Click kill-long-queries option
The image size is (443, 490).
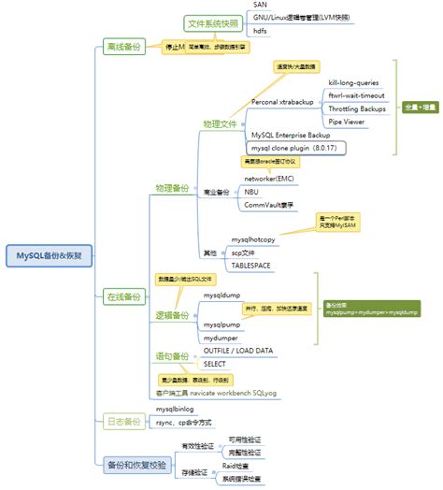pos(352,82)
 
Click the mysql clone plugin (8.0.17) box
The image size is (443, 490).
pos(293,148)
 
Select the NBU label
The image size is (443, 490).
pos(251,192)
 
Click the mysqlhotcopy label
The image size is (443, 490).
pos(253,239)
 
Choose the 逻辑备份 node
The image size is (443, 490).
pos(173,316)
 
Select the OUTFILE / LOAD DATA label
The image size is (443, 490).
pos(238,350)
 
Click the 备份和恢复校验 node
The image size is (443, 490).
pos(136,462)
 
